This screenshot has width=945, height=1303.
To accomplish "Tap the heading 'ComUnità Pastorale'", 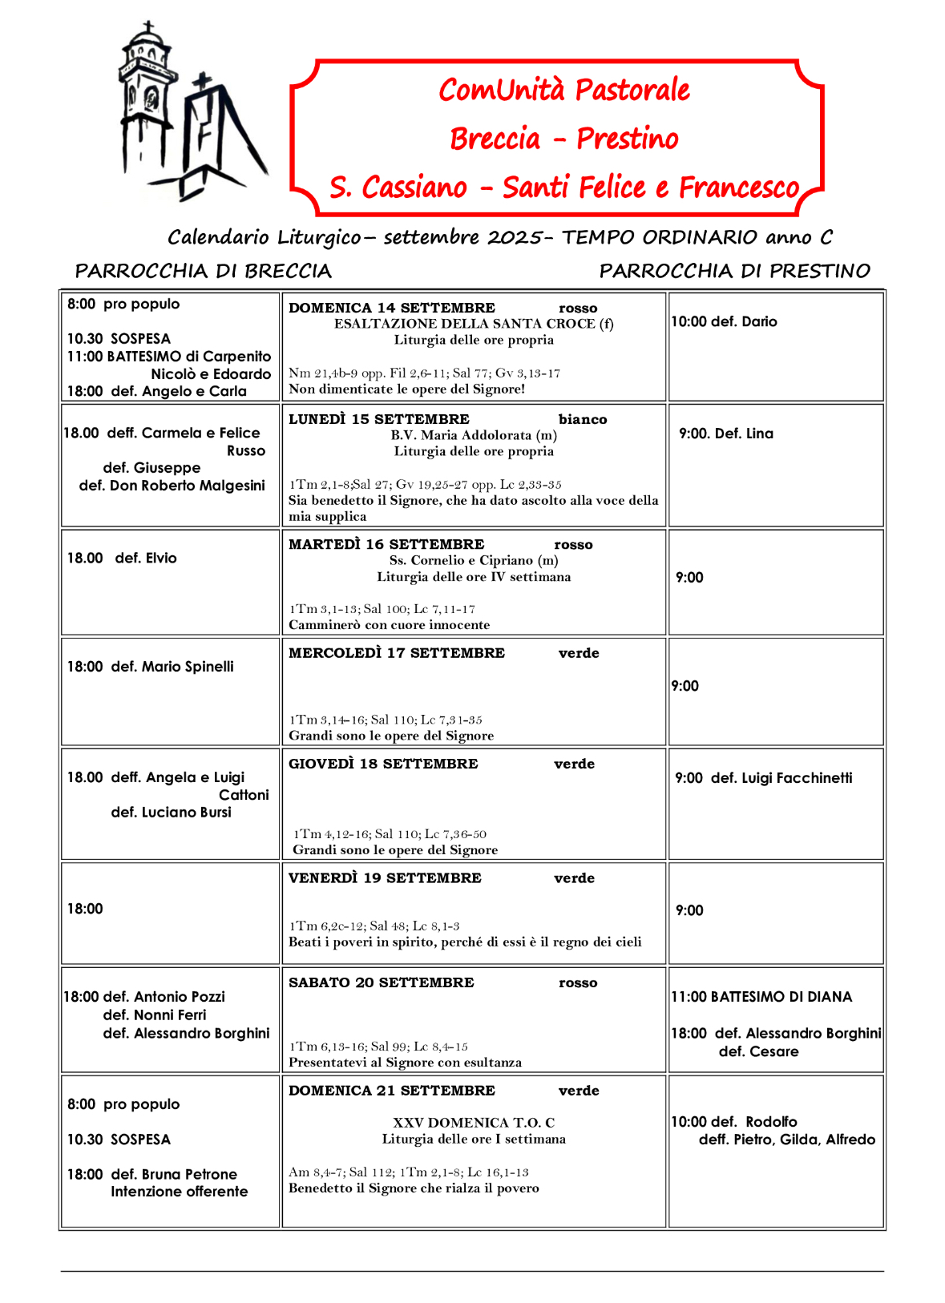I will [x=563, y=90].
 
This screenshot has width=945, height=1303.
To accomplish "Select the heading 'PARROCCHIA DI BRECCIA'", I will [x=203, y=271].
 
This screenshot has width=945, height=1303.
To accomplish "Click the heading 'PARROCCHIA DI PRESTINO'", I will [x=734, y=271].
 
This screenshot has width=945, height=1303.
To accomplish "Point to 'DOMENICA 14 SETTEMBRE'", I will [x=392, y=308].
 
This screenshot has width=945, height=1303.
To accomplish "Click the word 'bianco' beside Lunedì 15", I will [x=583, y=419].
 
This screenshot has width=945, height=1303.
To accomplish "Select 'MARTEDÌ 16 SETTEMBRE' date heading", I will [x=386, y=544].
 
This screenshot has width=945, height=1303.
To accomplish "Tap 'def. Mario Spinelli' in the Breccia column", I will [x=172, y=666].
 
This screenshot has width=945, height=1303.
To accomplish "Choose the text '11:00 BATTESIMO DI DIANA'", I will [x=761, y=996].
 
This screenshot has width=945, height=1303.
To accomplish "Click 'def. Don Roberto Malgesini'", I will [x=172, y=485].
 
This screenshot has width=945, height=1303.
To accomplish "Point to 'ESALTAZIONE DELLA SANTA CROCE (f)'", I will [x=474, y=324].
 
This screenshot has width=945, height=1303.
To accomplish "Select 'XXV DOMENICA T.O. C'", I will [x=474, y=1123].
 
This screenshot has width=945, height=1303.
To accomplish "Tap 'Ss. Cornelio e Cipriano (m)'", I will [x=474, y=560].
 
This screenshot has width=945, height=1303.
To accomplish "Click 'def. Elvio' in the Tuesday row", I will [x=146, y=558].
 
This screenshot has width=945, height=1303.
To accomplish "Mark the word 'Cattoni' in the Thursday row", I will [x=244, y=795].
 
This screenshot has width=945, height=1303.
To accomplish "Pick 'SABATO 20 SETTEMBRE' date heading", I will [x=382, y=982].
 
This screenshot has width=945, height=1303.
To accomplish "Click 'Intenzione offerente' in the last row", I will [x=180, y=1192].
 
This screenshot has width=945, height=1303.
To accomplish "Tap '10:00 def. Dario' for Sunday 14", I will [x=725, y=321].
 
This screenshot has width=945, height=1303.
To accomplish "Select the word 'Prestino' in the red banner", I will [x=628, y=139].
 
